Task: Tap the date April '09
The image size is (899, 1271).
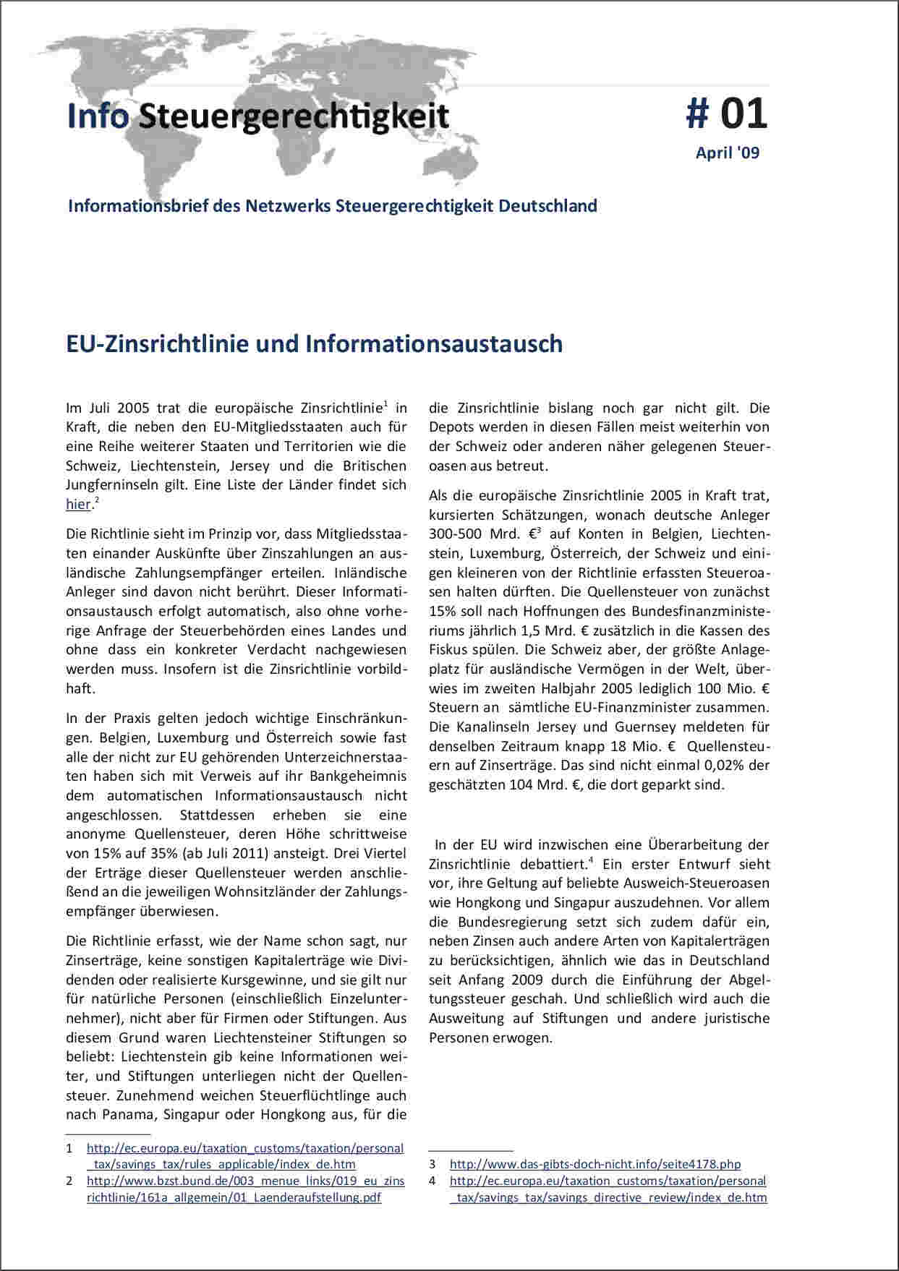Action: coord(727,153)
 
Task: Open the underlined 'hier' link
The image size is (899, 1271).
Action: coord(78,505)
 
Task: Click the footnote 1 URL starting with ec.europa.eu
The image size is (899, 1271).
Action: coord(245,1148)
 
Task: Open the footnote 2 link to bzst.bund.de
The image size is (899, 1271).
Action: coord(245,1181)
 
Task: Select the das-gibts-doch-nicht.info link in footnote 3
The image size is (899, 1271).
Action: coord(595,1164)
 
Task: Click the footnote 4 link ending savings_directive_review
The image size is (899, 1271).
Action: coord(608,1181)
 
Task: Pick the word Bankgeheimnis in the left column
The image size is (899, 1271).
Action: coord(358,776)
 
